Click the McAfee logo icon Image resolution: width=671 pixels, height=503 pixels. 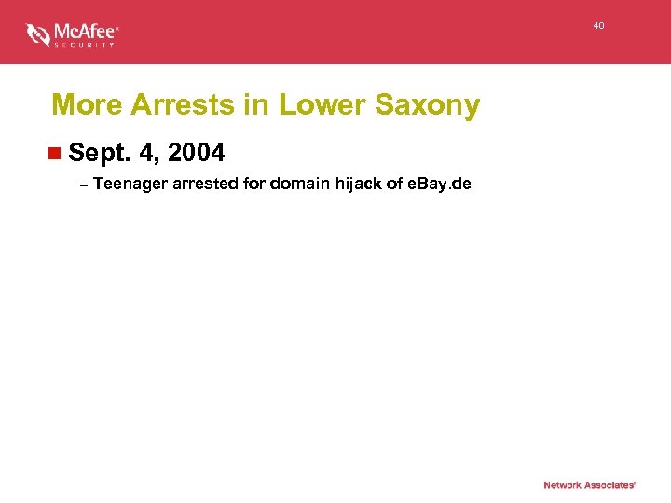38,34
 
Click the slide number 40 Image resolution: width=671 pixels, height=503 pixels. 598,26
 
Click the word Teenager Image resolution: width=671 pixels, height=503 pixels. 130,184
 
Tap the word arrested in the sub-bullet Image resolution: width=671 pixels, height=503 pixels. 206,184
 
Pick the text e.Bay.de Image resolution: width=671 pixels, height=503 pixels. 440,184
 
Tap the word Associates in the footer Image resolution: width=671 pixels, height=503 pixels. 611,485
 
